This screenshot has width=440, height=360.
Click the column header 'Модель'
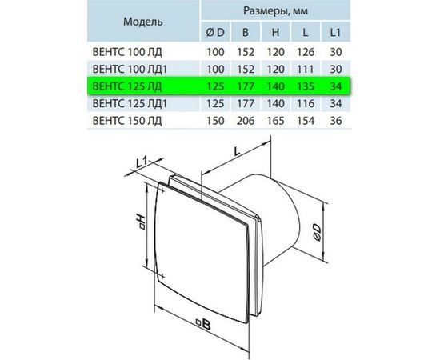[x=143, y=22]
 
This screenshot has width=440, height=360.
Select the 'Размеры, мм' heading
[x=275, y=10]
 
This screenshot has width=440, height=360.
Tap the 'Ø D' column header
[x=215, y=33]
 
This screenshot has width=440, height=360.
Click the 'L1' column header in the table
[x=336, y=33]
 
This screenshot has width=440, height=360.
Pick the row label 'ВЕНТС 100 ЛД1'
[x=130, y=70]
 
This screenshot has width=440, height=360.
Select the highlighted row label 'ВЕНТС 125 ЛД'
[x=127, y=86]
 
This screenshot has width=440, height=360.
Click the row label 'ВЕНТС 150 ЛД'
[x=127, y=121]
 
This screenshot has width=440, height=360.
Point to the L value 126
[x=306, y=52]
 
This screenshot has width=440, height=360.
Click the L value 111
[x=306, y=70]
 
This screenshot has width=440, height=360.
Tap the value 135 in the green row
[x=306, y=86]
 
